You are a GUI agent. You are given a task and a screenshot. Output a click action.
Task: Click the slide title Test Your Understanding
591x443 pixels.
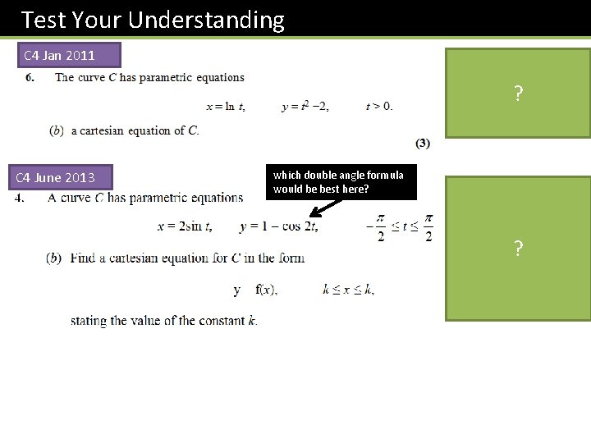coord(153,20)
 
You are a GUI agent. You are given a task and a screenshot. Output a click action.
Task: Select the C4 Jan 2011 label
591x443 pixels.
coord(59,56)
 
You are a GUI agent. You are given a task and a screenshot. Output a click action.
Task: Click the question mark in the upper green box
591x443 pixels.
coord(518,94)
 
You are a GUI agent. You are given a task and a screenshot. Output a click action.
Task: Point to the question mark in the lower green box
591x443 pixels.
coord(518,249)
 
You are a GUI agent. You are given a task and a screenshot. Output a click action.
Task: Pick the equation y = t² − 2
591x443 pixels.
coord(305,107)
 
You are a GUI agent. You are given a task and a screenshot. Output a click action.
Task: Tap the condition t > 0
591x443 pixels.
coord(379,107)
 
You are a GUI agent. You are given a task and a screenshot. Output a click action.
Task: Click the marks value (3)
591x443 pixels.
coord(423,144)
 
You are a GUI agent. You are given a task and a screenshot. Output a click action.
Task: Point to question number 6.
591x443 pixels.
coord(30,78)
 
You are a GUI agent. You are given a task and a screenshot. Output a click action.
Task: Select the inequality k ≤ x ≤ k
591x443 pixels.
coord(348,290)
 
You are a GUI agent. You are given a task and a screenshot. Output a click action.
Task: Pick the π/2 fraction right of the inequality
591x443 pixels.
coord(428,227)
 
